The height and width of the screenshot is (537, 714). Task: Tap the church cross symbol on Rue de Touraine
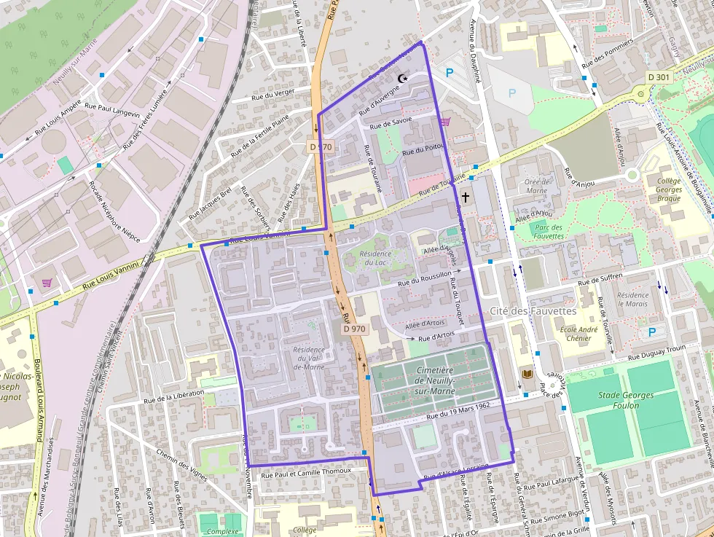tap(465, 197)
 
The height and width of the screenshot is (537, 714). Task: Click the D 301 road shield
tap(658, 77)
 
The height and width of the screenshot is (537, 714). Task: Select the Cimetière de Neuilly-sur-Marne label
tap(435, 380)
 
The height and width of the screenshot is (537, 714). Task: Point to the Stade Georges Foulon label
tap(627, 400)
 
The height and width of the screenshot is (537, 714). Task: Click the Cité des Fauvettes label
tap(533, 310)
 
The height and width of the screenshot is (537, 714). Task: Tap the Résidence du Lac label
tap(376, 258)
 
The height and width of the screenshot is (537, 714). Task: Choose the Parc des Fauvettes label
tap(548, 232)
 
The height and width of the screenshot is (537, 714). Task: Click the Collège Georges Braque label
tap(669, 189)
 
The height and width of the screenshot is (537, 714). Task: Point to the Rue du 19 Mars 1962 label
tap(457, 409)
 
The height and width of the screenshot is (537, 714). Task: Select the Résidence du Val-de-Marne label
tap(309, 358)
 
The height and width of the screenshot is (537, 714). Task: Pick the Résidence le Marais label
tap(632, 299)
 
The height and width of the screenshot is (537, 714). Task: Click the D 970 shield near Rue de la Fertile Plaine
tap(321, 146)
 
